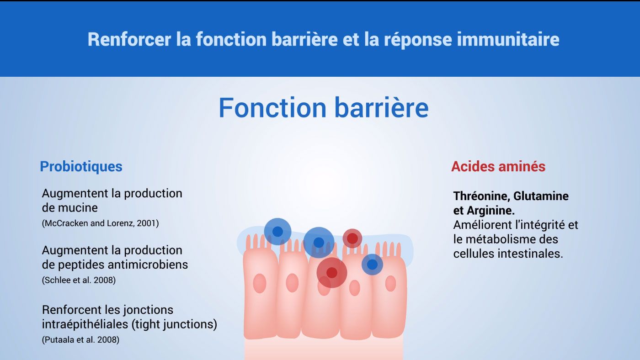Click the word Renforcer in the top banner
click(x=129, y=39)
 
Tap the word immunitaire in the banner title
click(x=508, y=39)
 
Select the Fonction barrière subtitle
click(x=324, y=108)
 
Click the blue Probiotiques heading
click(x=81, y=166)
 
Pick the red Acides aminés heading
click(x=498, y=166)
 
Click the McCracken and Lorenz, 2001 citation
click(x=100, y=223)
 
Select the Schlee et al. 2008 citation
click(x=79, y=280)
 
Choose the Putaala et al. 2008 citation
click(x=80, y=340)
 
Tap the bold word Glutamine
click(x=541, y=196)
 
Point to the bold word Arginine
click(x=491, y=211)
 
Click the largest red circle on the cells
click(x=332, y=273)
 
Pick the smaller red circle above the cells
click(x=352, y=238)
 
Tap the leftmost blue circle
click(x=277, y=232)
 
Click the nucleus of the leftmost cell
click(x=260, y=284)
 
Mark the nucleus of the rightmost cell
click(x=390, y=284)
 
